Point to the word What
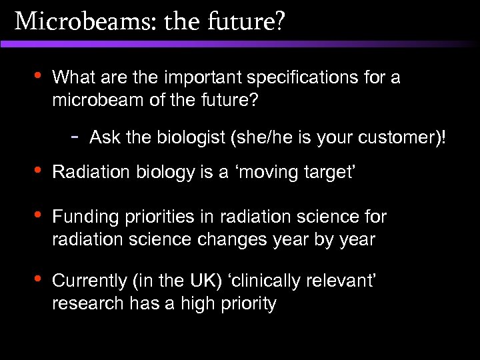click(x=70, y=78)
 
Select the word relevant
click(x=341, y=282)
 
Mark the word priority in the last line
click(x=246, y=304)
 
